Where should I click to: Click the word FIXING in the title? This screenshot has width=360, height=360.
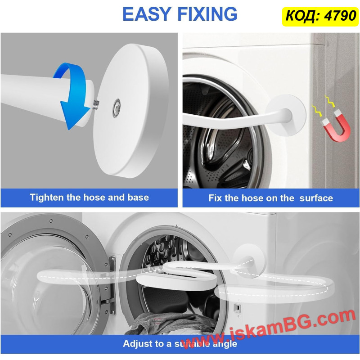pos(207,14)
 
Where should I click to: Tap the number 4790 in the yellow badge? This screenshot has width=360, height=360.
pos(340,16)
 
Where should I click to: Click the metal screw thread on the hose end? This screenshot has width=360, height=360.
pos(96,104)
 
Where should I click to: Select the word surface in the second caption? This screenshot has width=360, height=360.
pos(316,198)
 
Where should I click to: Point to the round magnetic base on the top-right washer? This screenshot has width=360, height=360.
pos(286,114)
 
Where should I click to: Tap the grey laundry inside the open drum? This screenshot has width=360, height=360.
pos(170,323)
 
